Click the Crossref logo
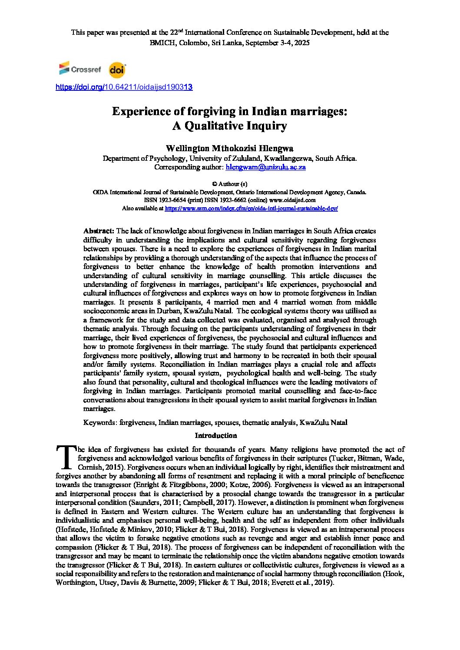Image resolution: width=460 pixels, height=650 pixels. click(x=80, y=69)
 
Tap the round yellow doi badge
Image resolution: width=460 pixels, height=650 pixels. click(x=117, y=70)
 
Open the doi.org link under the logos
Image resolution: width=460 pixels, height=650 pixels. click(x=124, y=87)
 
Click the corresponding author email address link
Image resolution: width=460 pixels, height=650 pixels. click(x=266, y=167)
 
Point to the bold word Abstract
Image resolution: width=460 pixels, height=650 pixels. click(x=99, y=231)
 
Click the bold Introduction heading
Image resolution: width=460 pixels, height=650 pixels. click(x=216, y=435)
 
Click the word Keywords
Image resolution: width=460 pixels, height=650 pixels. click(x=99, y=422)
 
